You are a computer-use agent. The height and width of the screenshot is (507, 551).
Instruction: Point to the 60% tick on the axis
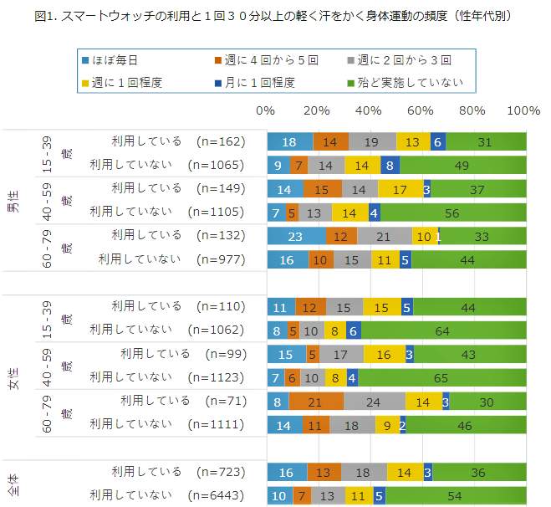421,110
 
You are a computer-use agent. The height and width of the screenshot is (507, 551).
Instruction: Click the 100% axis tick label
523,110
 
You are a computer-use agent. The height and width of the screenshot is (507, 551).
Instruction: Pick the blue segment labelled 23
296,236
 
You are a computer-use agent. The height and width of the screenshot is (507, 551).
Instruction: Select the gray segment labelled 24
375,402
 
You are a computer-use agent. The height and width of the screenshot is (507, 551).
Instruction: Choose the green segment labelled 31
486,141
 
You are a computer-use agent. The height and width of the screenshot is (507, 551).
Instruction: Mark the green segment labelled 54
457,495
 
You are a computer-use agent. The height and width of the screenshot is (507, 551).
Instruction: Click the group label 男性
14,201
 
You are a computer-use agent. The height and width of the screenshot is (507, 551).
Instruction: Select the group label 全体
14,483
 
